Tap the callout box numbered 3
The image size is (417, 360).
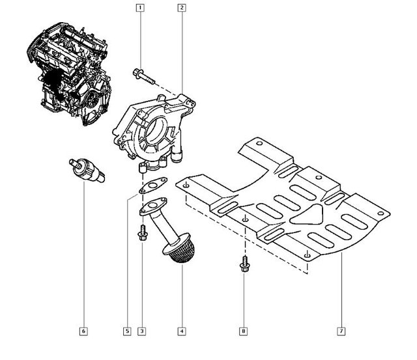(141, 331)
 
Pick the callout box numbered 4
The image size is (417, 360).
(182, 331)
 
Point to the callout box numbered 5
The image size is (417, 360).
(127, 331)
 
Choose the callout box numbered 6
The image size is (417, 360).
(83, 331)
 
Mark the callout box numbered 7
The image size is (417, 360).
(341, 331)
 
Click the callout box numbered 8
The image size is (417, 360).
(244, 331)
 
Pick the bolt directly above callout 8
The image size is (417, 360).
(244, 264)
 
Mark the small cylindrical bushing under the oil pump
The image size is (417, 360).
(143, 171)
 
